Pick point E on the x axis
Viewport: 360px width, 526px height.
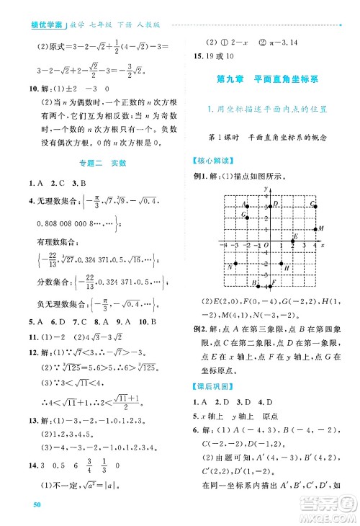[x=292, y=240]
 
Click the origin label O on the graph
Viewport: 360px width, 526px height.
[x=265, y=246]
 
